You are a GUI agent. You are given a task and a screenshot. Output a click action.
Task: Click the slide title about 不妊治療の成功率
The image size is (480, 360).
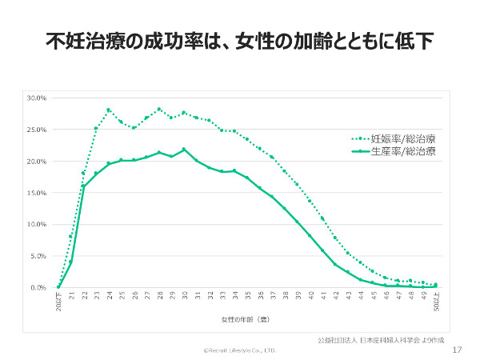point(239,40)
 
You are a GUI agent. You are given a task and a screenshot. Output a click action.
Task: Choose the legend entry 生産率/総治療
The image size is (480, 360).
point(407,151)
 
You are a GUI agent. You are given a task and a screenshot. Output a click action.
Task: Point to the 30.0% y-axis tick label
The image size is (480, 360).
point(38,98)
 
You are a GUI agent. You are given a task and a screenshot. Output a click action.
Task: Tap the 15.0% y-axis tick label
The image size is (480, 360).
point(38,193)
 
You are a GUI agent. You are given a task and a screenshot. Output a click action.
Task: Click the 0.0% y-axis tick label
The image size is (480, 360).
point(39,287)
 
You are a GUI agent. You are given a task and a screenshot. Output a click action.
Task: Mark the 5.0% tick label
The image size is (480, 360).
point(39,256)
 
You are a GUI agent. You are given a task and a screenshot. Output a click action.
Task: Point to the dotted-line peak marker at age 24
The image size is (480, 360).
point(109,110)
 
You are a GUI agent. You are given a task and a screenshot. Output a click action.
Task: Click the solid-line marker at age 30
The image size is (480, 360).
point(184,149)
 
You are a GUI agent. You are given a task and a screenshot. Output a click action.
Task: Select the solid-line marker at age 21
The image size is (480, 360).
point(71,261)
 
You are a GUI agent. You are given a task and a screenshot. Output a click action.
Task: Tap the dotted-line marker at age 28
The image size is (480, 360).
point(159,109)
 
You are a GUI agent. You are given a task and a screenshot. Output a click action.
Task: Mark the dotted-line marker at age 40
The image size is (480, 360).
point(310,201)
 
